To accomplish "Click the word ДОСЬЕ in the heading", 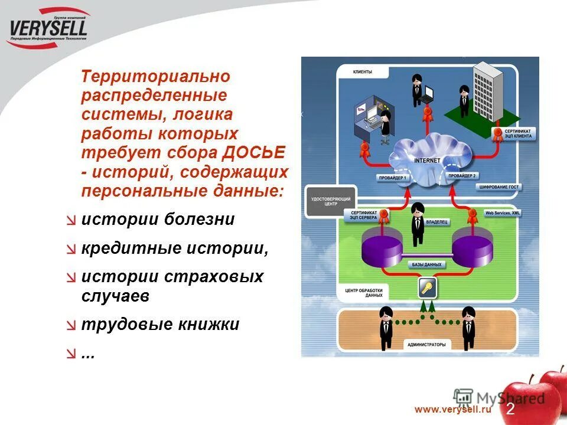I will [x=254, y=152].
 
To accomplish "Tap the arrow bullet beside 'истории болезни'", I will [x=71, y=220].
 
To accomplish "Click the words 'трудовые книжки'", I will [x=160, y=324].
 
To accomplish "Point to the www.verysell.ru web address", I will [x=453, y=409].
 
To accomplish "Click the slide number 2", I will [x=510, y=408].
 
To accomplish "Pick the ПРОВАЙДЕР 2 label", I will [x=462, y=176].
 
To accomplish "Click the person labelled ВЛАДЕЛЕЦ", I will [x=418, y=224].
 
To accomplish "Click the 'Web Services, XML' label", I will [x=503, y=212].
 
